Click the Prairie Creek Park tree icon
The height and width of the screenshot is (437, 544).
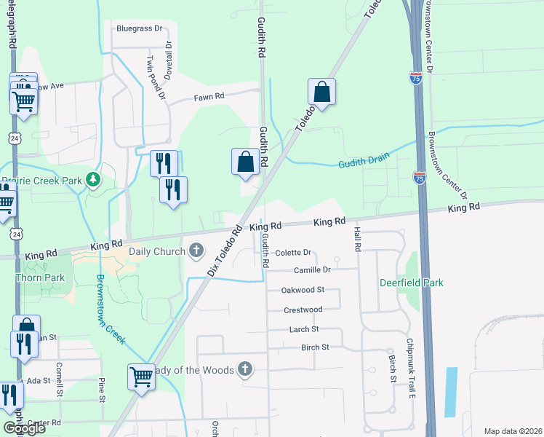(92, 179)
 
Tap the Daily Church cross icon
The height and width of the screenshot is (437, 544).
(196, 252)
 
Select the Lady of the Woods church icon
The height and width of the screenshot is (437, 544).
(245, 369)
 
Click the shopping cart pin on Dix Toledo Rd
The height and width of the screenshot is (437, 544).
(141, 377)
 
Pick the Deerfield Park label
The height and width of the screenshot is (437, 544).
(411, 283)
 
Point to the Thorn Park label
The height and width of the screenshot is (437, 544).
(40, 277)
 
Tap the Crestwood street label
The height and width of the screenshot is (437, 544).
(303, 310)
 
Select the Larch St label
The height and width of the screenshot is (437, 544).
(304, 330)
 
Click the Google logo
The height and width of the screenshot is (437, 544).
(24, 428)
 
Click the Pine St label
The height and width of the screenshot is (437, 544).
(102, 389)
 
